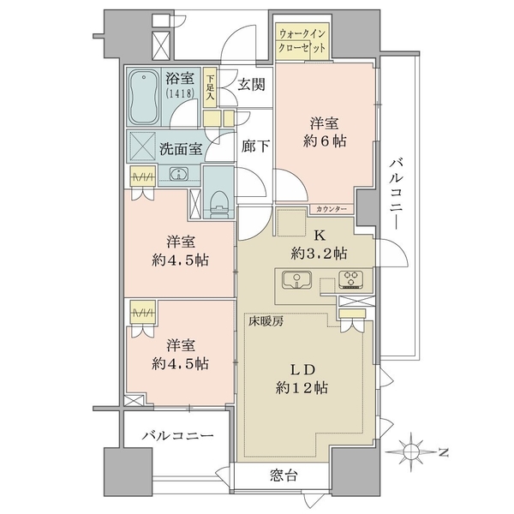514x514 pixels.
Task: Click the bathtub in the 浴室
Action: [x=144, y=97]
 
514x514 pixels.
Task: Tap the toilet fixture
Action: [x=218, y=204]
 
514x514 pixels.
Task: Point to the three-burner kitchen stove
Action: [x=351, y=279]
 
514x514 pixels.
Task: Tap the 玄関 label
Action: [x=251, y=85]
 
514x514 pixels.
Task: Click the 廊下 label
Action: [x=255, y=146]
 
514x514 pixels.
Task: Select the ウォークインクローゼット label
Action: [x=302, y=40]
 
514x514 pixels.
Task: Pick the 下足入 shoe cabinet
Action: [x=210, y=87]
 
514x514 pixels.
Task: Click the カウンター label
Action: [x=332, y=209]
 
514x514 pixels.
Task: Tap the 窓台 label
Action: [x=284, y=475]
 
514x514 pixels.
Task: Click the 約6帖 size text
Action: [x=325, y=141]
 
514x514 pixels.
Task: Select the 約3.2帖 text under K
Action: [x=319, y=253]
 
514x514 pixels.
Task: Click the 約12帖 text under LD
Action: [x=302, y=388]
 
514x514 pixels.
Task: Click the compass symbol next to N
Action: [x=410, y=452]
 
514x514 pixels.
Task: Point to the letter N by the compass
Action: [x=443, y=452]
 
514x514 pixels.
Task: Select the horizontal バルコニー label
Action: [x=178, y=436]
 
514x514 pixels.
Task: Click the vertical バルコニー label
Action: [x=397, y=194]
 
